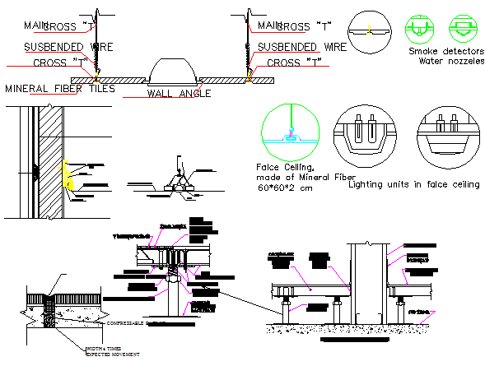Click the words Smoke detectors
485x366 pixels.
(445, 51)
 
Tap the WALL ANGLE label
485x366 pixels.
(179, 93)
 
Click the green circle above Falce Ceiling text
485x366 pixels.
(288, 132)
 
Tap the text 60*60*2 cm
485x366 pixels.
(284, 189)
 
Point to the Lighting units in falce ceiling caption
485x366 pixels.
(414, 184)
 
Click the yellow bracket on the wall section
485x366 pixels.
(68, 175)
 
